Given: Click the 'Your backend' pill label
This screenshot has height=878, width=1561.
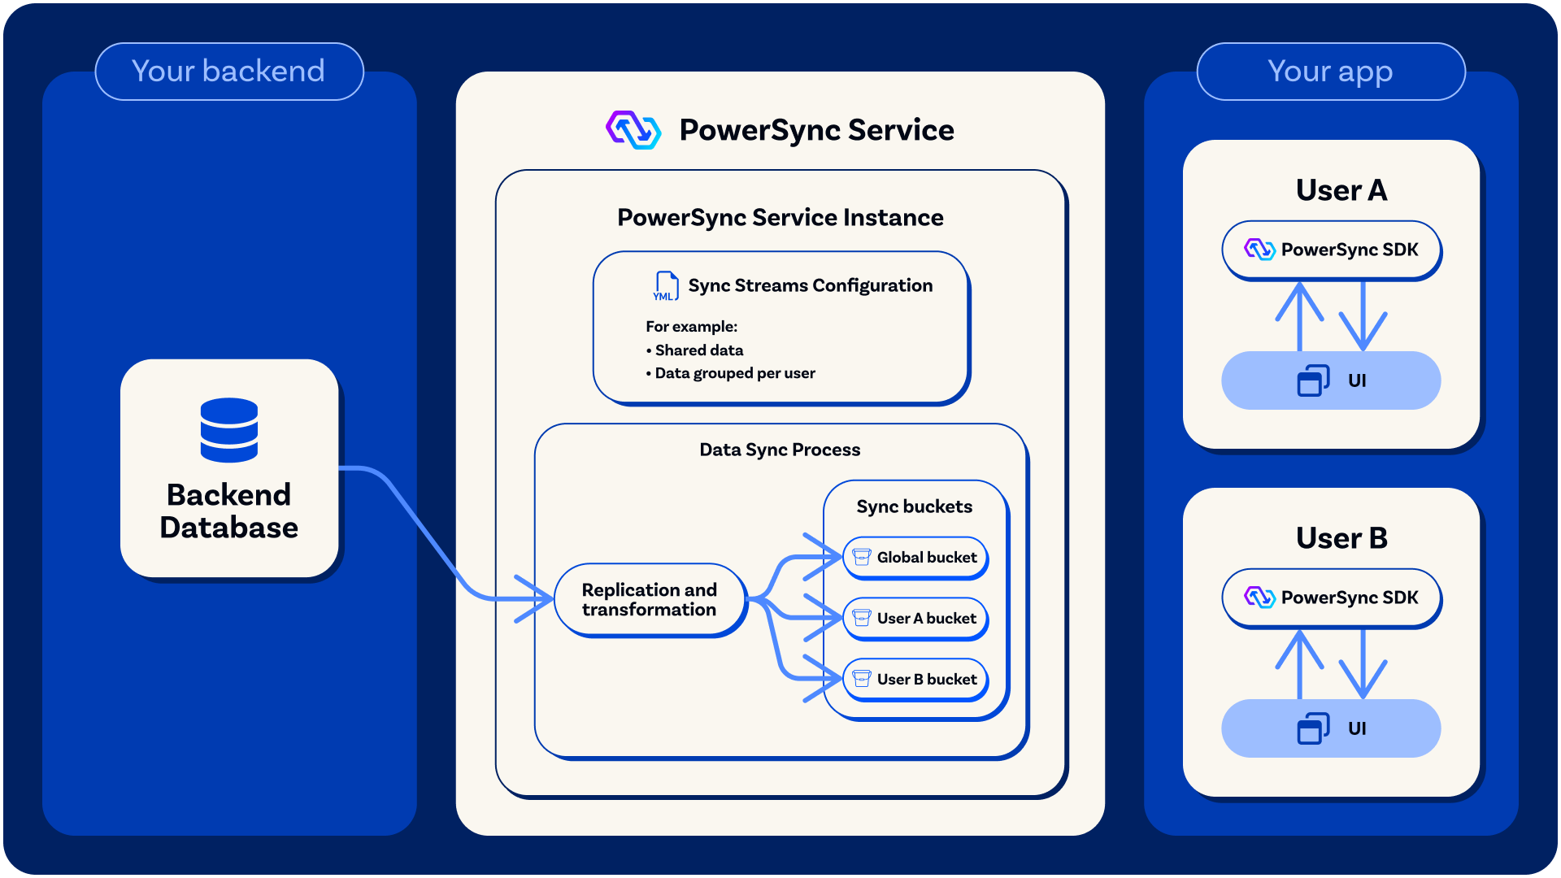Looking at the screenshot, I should (x=228, y=72).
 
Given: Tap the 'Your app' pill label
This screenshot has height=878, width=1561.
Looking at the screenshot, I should (x=1330, y=72).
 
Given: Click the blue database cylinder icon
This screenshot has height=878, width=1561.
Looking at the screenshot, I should (x=229, y=430).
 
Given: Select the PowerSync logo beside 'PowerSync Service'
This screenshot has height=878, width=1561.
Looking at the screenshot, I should (x=633, y=130).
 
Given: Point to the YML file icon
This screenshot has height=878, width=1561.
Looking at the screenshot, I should (x=666, y=286).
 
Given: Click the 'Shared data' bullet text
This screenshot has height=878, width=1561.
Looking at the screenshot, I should (x=698, y=350).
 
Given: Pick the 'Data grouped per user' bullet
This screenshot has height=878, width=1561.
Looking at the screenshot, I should (x=734, y=373).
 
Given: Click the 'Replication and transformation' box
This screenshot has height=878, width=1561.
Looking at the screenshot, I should (x=649, y=600).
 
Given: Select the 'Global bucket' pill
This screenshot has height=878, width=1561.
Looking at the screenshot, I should (x=915, y=558).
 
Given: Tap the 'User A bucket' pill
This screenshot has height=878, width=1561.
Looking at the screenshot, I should (x=915, y=619).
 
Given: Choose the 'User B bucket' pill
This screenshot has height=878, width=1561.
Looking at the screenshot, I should (x=915, y=680).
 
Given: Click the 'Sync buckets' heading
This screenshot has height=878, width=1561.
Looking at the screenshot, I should (x=914, y=506).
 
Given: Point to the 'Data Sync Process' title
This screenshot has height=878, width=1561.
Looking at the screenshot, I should (x=780, y=450).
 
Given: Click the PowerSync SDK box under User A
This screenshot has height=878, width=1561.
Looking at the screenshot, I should (x=1331, y=250).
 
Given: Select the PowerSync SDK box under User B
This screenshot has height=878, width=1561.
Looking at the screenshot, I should (x=1331, y=598).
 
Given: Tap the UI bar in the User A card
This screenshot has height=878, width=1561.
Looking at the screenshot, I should (x=1331, y=380).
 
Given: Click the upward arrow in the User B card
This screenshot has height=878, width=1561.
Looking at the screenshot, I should (x=1299, y=663).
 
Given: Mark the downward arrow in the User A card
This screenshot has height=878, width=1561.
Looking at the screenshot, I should (x=1363, y=317).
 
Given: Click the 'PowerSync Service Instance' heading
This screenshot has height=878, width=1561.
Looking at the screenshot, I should (x=780, y=218).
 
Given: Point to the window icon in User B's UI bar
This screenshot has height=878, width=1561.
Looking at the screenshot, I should (x=1312, y=728).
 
